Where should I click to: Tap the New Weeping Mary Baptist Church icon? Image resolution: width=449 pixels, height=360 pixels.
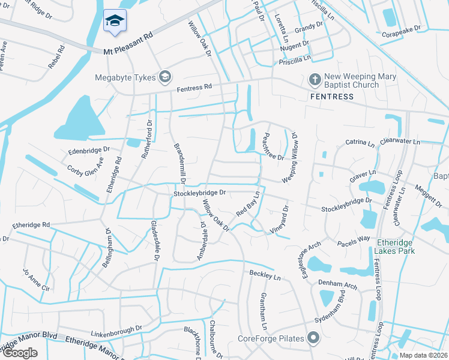(x=314, y=79)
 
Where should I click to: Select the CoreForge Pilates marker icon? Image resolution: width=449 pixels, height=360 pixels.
(x=313, y=338)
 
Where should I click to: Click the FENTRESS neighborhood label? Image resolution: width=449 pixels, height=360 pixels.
(x=328, y=97)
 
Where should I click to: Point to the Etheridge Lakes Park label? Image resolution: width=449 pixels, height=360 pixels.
(x=395, y=247)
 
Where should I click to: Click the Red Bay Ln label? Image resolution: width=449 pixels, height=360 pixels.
(x=247, y=204)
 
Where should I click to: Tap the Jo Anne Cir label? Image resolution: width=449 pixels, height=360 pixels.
(x=37, y=280)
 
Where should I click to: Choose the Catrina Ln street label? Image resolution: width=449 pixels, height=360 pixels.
(x=360, y=143)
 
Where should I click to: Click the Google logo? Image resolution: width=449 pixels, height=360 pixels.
(x=20, y=352)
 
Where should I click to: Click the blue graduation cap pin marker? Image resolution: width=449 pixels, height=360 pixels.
(x=112, y=21)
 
